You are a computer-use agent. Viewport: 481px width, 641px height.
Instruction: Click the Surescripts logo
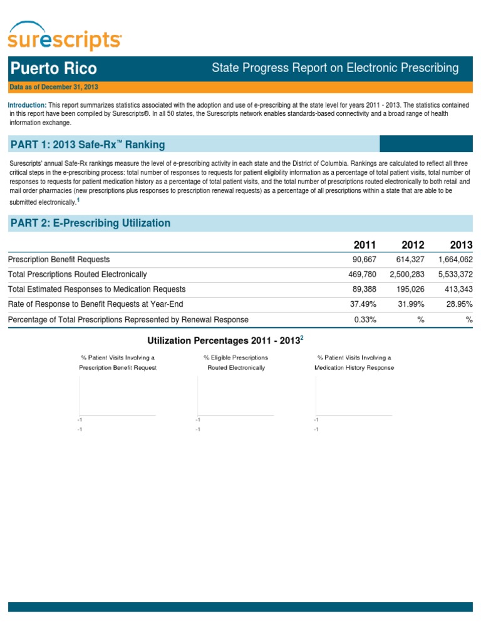point(65,36)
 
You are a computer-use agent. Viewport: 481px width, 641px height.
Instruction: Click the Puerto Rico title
point(53,68)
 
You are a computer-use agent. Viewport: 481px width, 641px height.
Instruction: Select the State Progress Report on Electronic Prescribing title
point(335,68)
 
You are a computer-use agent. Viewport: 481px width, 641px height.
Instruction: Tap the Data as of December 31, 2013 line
point(54,87)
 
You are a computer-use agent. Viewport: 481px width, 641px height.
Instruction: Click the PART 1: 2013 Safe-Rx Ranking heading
point(88,145)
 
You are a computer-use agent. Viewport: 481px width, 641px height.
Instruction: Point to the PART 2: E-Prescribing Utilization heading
point(90,223)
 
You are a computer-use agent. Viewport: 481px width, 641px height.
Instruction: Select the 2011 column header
point(365,245)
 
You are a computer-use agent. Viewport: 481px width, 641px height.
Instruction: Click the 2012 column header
point(413,245)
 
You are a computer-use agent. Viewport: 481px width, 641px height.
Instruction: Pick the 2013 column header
point(461,245)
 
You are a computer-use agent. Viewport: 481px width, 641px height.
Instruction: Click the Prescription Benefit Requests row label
point(59,259)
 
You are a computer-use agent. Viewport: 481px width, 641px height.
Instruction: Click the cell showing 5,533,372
point(455,274)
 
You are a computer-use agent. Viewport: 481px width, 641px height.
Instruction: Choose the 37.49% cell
point(363,304)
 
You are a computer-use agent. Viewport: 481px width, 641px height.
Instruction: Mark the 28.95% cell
point(458,304)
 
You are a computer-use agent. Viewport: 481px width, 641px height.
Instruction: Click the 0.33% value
point(365,319)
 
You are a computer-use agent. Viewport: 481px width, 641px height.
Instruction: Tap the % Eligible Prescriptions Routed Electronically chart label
point(236,362)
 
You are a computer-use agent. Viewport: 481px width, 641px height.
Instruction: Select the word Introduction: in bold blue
point(27,105)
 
